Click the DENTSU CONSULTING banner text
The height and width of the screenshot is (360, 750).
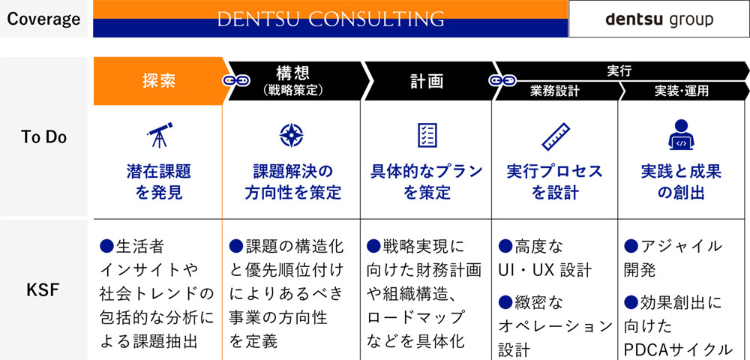[x=330, y=19]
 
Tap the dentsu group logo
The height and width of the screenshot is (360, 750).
[x=659, y=19]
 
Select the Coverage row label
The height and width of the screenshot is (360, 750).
[x=43, y=19]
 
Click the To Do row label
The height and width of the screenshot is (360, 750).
[x=43, y=136]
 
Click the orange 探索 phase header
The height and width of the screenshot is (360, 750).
[x=158, y=80]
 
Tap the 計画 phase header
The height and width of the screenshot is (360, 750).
[x=426, y=80]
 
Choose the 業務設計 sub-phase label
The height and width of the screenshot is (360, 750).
[x=554, y=91]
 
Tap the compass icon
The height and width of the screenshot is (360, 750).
[x=292, y=135]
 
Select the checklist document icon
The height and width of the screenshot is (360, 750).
[x=427, y=135]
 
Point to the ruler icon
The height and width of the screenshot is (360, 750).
[x=556, y=136]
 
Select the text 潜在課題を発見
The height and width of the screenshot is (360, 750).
[x=158, y=182]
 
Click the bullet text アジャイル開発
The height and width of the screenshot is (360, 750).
[x=673, y=257]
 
